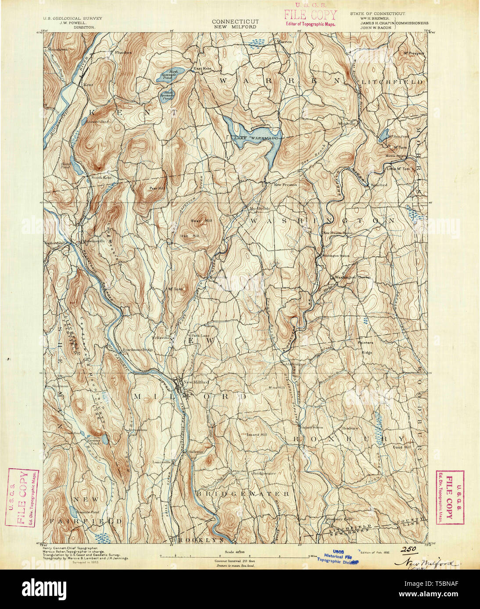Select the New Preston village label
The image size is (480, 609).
click(285, 185)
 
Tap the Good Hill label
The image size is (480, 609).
click(401, 447)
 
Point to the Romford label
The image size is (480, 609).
click(379, 185)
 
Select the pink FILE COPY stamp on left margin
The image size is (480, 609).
click(22, 498)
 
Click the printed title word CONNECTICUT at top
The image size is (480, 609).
click(235, 21)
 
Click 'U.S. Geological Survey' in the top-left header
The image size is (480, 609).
click(72, 18)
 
